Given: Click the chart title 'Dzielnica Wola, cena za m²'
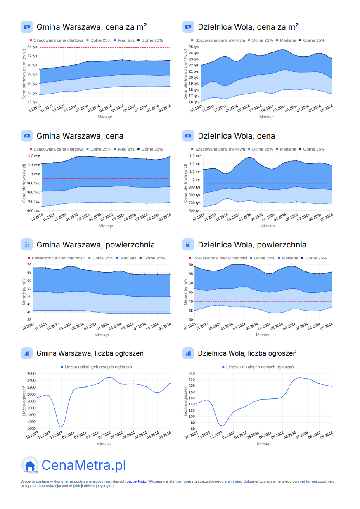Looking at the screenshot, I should click(248, 27).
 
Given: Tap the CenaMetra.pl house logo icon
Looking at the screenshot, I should click(30, 465).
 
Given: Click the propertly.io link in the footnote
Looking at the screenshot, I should click(136, 481).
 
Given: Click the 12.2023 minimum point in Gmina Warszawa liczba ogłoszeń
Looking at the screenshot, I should click(61, 427).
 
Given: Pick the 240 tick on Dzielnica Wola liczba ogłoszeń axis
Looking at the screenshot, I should click(192, 374).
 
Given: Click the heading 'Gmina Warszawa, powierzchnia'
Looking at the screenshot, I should click(95, 245).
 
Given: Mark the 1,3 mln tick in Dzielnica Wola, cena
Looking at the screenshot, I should click(196, 156).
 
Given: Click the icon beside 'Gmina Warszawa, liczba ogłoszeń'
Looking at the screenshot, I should click(27, 353).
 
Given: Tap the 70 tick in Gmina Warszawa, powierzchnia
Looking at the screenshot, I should click(29, 264).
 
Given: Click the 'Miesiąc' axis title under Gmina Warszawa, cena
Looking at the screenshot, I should click(106, 226).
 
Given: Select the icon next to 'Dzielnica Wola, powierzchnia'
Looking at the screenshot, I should click(188, 245).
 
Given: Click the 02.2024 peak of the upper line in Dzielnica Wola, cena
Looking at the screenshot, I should click(249, 157).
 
